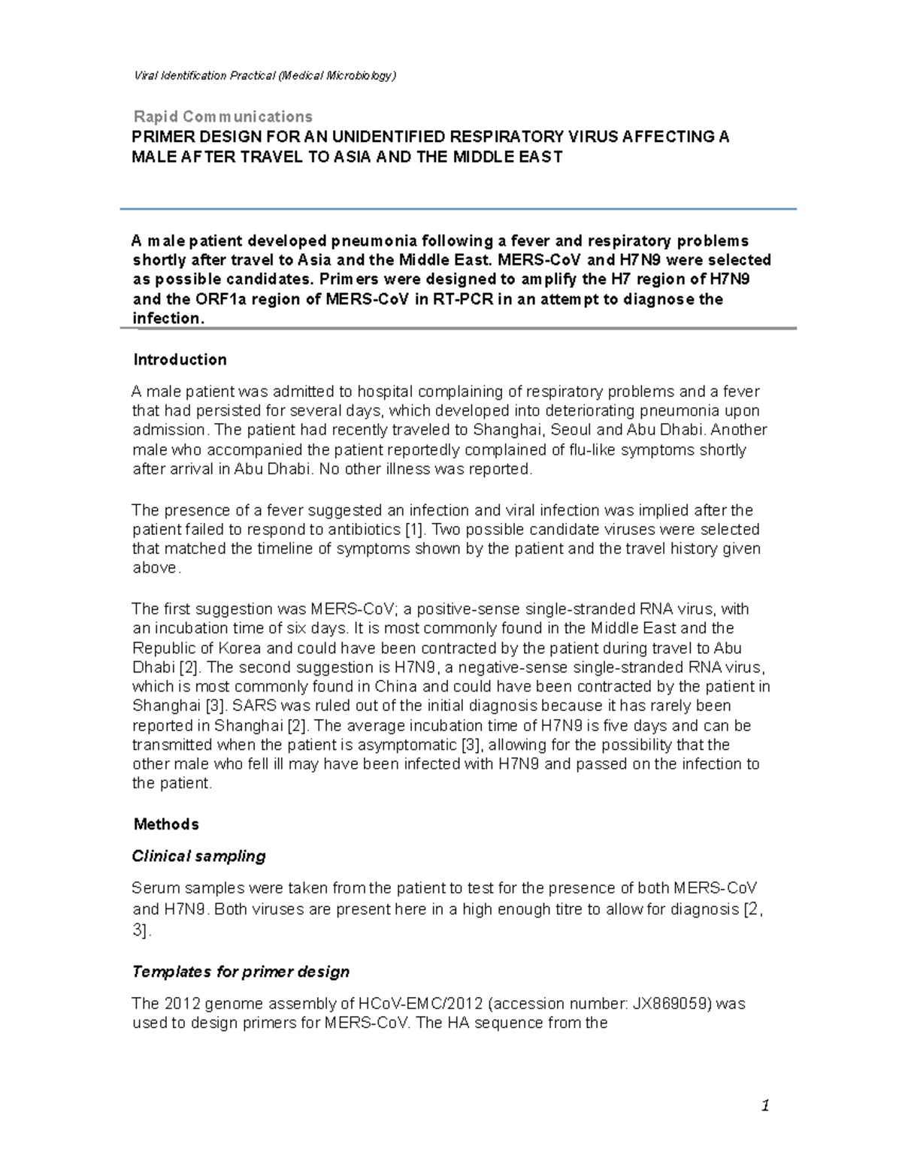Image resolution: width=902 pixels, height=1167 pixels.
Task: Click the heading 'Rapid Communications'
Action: (x=222, y=116)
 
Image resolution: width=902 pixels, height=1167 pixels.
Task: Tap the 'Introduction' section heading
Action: (x=180, y=360)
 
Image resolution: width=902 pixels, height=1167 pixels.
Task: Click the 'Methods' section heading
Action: (x=165, y=824)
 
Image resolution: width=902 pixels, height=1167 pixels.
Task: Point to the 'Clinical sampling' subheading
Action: (x=198, y=856)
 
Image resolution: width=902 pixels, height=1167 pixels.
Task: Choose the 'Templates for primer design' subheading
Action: (x=241, y=972)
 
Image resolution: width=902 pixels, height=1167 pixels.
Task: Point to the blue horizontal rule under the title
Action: (x=459, y=208)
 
